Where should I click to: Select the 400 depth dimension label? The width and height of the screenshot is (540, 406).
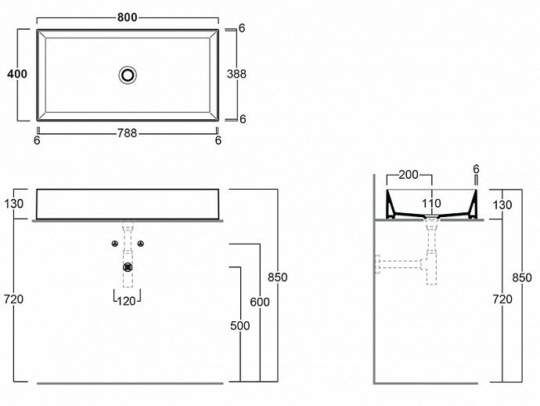17,74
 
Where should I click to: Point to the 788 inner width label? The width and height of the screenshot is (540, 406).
127,133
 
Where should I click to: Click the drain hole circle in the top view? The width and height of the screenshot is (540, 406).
128,74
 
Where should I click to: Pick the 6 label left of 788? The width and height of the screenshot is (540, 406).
37,140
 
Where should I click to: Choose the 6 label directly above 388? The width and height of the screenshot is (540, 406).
243,28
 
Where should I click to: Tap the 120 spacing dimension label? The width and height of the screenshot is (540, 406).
128,299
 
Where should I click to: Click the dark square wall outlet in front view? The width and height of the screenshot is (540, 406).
128,266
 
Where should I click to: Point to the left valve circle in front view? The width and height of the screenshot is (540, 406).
115,244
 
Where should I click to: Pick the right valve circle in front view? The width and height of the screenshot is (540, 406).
141,244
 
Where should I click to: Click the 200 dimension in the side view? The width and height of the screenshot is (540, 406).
409,174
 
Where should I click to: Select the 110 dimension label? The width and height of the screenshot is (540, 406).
431,205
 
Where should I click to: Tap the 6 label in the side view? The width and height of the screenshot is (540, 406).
476,169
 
